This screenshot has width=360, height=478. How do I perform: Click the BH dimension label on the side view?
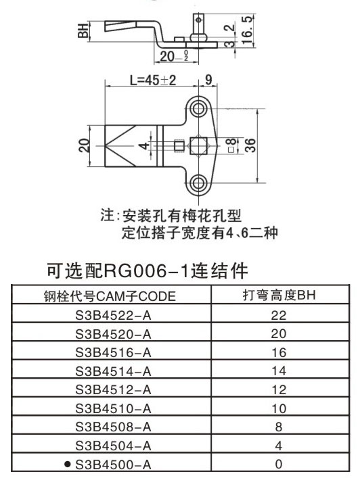click(x=83, y=30)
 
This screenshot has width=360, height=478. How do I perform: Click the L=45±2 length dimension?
click(x=153, y=80)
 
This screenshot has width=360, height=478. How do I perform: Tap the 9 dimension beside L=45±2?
click(x=208, y=80)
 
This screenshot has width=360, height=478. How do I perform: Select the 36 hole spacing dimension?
click(x=250, y=145)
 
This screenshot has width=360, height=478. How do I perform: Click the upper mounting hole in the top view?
click(x=198, y=108)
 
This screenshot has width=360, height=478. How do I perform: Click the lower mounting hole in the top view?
click(x=198, y=183)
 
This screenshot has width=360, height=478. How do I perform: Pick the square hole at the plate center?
click(x=198, y=145)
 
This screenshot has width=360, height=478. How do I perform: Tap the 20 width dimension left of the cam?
click(x=84, y=145)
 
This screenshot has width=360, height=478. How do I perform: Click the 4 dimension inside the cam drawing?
click(x=143, y=145)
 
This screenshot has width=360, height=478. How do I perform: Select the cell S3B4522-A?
click(x=113, y=315)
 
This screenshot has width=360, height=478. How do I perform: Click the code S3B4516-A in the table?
click(x=113, y=352)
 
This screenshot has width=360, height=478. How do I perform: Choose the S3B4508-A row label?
click(x=113, y=427)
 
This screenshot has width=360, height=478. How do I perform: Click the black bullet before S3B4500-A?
click(x=68, y=464)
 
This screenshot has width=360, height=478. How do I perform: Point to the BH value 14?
click(x=279, y=371)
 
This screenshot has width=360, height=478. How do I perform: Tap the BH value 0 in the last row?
click(x=279, y=464)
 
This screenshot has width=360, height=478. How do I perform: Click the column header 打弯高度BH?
click(x=279, y=295)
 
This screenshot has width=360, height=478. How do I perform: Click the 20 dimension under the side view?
click(x=168, y=56)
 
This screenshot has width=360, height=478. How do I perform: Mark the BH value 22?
click(x=279, y=315)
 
